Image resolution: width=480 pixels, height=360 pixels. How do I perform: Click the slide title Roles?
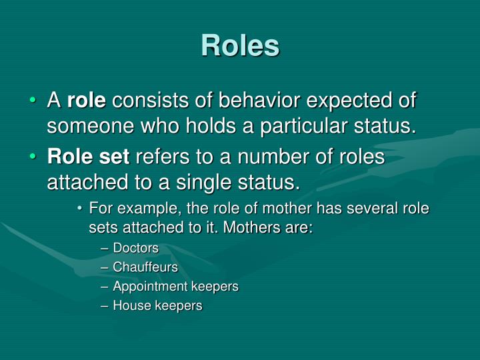click(x=240, y=45)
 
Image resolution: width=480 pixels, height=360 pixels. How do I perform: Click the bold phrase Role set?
click(x=89, y=157)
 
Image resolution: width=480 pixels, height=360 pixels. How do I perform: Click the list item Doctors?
click(x=136, y=248)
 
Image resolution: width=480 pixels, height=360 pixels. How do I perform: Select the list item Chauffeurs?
click(x=145, y=267)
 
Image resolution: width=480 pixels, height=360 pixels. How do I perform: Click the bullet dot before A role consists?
click(x=34, y=102)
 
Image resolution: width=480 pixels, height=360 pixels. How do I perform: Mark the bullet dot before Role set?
click(x=34, y=158)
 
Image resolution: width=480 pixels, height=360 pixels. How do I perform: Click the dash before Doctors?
click(x=105, y=248)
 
